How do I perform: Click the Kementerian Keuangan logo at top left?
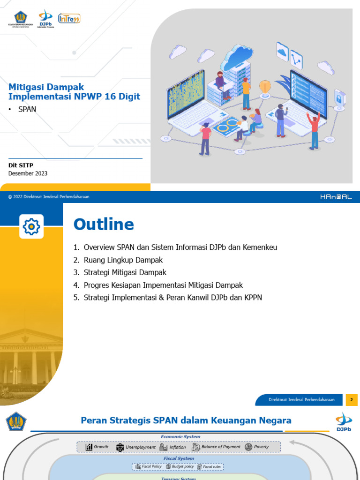(x=21, y=19)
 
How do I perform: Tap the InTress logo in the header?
(x=69, y=18)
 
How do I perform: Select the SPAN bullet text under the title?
(x=27, y=109)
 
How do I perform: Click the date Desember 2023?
(x=28, y=173)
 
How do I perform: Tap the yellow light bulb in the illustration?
(x=265, y=87)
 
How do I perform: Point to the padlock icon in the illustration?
(x=339, y=97)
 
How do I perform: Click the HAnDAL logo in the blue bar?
(x=336, y=197)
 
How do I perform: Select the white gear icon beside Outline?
(x=31, y=227)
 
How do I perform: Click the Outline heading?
(x=104, y=225)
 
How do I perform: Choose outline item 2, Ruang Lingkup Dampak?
(x=123, y=260)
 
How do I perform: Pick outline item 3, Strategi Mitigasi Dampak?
(x=125, y=272)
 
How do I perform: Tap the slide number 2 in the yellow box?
(x=352, y=400)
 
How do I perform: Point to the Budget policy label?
(x=182, y=467)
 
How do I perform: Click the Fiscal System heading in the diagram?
(x=179, y=458)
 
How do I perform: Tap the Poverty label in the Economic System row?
(x=261, y=447)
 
